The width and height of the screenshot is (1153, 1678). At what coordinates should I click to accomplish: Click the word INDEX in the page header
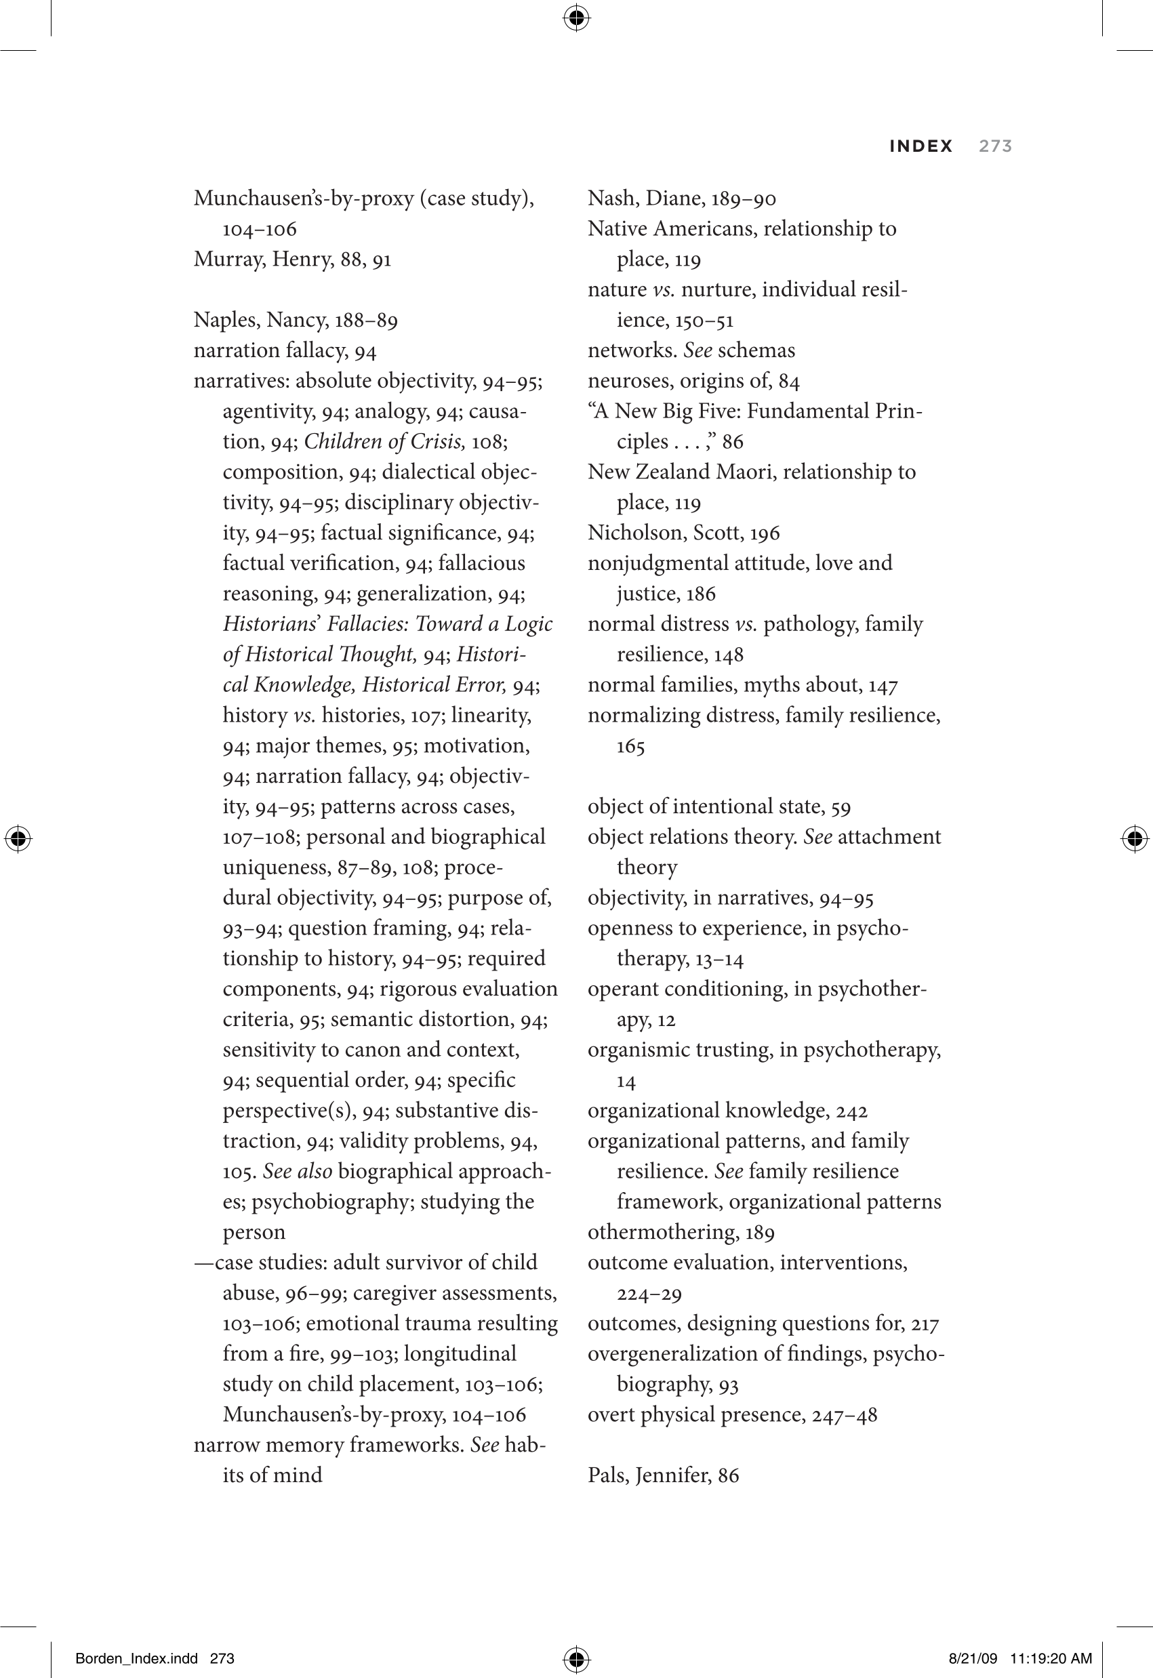click(921, 146)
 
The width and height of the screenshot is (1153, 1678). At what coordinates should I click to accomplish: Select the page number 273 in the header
click(995, 146)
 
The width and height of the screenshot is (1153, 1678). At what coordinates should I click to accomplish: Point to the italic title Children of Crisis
click(384, 441)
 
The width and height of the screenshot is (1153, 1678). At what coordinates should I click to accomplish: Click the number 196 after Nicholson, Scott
click(765, 534)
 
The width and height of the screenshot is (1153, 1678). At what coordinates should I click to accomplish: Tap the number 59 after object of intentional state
click(841, 807)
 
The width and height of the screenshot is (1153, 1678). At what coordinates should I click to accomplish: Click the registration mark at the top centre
click(575, 18)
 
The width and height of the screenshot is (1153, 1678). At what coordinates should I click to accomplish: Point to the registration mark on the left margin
click(18, 838)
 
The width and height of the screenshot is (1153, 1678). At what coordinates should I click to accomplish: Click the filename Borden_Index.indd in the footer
click(136, 1658)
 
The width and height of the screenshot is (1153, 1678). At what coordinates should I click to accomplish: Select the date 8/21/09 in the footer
click(973, 1658)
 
